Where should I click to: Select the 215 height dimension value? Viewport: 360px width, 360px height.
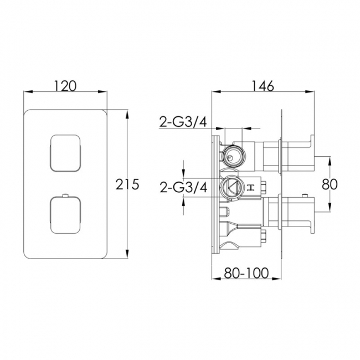pos(127,184)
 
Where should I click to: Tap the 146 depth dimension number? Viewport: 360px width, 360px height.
pos(263,86)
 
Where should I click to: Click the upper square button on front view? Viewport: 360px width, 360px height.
pos(66,152)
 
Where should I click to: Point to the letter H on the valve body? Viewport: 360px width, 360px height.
pos(250,187)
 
